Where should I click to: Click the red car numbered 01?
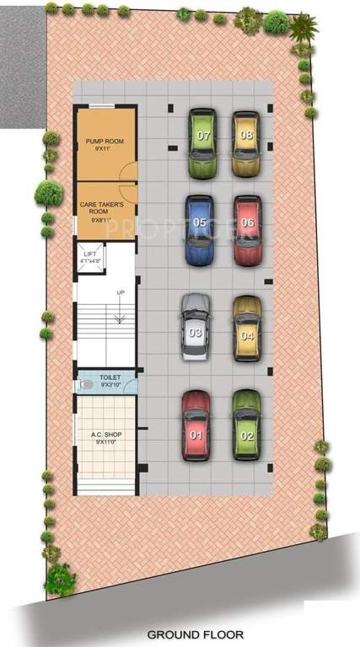[x=196, y=425]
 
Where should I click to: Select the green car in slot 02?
[x=246, y=425]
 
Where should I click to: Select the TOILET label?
[x=110, y=377]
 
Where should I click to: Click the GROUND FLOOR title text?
[x=196, y=634]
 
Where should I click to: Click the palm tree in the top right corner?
[x=303, y=28]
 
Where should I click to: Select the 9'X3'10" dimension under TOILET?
[x=110, y=385]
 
